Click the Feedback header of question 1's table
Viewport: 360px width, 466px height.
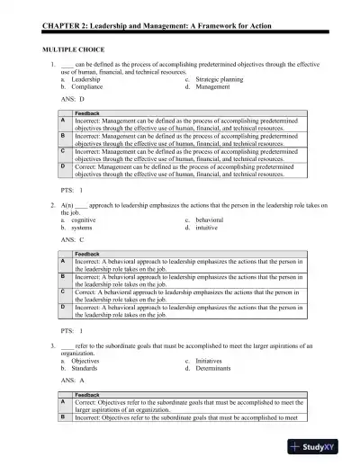[87, 113]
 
